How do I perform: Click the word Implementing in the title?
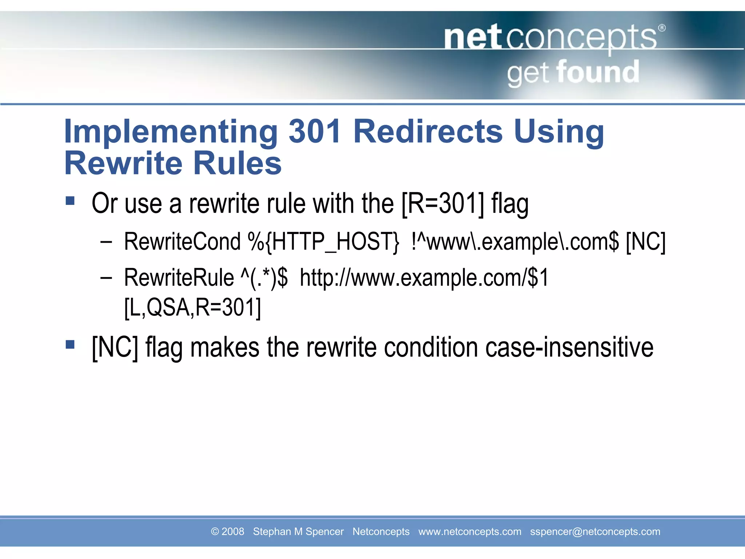[171, 132]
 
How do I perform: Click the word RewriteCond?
[182, 242]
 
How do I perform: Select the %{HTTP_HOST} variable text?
[323, 242]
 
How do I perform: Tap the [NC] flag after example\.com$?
[646, 242]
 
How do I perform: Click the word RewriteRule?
[179, 278]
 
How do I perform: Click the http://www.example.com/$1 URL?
[424, 278]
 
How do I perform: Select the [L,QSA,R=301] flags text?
[192, 308]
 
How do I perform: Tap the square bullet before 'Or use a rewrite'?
[70, 201]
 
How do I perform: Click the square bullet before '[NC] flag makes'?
[70, 344]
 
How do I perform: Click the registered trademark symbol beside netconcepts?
[662, 28]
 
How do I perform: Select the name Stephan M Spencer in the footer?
[298, 532]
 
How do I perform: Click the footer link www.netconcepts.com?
[470, 532]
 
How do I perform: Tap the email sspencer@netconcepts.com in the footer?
[595, 532]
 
